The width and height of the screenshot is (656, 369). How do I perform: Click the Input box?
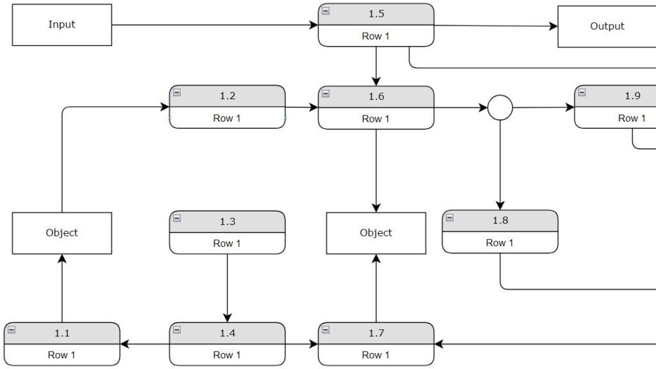click(61, 25)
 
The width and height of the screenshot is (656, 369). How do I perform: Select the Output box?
click(606, 26)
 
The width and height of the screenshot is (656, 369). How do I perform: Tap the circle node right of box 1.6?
click(500, 108)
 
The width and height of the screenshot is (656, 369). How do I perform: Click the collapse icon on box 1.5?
click(325, 11)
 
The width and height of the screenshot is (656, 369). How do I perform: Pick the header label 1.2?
click(227, 96)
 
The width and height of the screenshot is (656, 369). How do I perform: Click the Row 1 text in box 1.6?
click(375, 119)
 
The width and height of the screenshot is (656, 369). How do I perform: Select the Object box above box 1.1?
click(61, 233)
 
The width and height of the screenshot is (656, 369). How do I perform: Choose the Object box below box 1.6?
click(375, 233)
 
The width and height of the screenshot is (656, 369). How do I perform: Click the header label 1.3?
click(227, 222)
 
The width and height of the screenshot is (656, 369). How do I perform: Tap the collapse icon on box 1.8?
click(449, 218)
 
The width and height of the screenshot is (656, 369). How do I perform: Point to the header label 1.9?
click(632, 96)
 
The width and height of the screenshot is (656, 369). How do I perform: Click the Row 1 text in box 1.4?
click(227, 355)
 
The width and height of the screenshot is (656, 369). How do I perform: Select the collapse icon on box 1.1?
click(11, 330)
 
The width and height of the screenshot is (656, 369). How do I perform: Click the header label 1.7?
click(375, 333)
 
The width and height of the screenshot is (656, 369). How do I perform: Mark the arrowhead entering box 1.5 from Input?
click(314, 25)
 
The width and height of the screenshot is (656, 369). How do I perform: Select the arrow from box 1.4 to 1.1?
click(145, 344)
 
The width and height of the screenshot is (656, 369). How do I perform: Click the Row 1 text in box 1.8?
click(499, 243)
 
